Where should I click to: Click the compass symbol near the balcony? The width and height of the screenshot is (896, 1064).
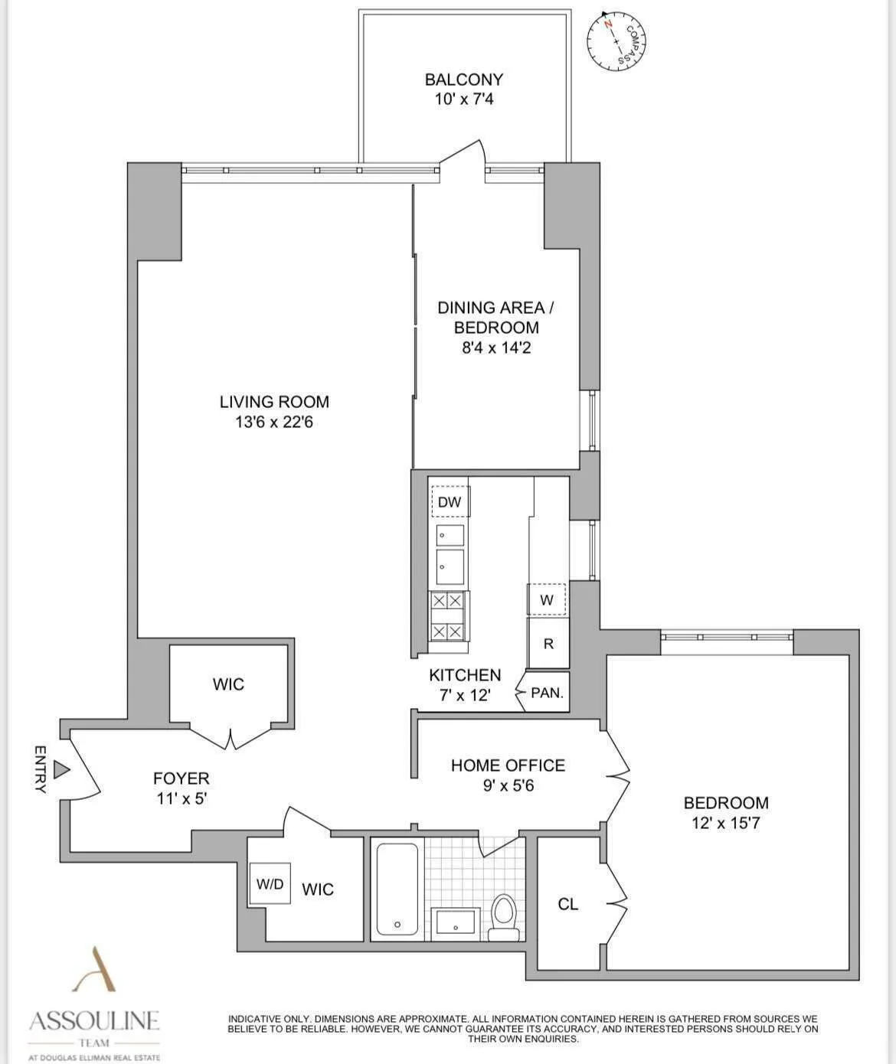[617, 44]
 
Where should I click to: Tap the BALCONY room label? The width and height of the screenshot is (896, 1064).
[463, 80]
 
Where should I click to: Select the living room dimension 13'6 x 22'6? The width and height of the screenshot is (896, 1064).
[274, 422]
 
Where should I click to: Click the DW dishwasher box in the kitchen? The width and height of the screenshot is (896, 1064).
[450, 502]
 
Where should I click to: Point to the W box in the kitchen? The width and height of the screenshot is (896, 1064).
[546, 600]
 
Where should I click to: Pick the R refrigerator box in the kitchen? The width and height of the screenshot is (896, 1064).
[548, 644]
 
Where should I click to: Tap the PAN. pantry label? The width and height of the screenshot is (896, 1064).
[547, 693]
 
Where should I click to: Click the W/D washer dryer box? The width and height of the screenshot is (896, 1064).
[270, 884]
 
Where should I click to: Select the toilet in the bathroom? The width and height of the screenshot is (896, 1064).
[503, 916]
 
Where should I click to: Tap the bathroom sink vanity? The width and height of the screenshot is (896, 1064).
[456, 922]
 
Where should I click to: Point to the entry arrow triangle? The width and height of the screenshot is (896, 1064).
[61, 770]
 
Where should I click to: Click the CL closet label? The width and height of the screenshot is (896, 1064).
[567, 904]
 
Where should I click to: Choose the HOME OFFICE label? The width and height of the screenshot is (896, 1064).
[508, 765]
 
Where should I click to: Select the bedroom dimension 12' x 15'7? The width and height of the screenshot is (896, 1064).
[725, 824]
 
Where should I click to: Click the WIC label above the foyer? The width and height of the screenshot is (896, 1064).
[228, 684]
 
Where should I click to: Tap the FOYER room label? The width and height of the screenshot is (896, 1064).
[181, 778]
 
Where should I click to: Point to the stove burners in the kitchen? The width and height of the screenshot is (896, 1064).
[447, 616]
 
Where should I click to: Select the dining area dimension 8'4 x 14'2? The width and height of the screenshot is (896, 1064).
[495, 348]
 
